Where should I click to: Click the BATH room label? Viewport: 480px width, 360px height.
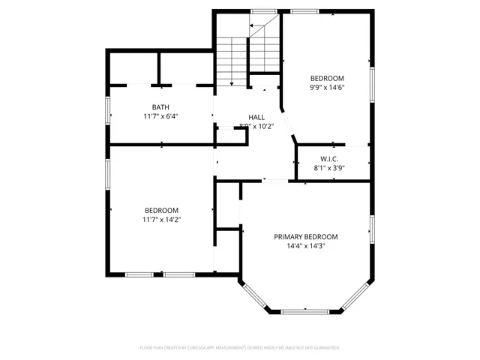pyautogui.click(x=160, y=107)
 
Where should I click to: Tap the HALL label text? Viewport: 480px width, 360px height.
pyautogui.click(x=256, y=117)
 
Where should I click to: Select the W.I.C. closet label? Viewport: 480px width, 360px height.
pyautogui.click(x=329, y=159)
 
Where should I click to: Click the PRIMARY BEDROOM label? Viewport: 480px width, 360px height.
pyautogui.click(x=305, y=236)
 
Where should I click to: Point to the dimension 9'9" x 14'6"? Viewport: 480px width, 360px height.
pyautogui.click(x=327, y=87)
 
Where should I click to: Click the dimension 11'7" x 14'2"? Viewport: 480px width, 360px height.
pyautogui.click(x=161, y=219)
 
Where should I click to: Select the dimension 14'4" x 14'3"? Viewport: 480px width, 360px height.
pyautogui.click(x=305, y=245)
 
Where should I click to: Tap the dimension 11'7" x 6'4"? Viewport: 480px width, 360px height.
pyautogui.click(x=160, y=116)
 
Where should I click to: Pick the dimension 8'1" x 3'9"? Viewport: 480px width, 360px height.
pyautogui.click(x=329, y=168)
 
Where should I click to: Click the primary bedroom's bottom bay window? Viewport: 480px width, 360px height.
pyautogui.click(x=304, y=310)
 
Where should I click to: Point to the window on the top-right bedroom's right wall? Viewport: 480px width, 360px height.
pyautogui.click(x=371, y=79)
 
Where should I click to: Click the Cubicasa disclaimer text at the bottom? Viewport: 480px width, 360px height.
pyautogui.click(x=240, y=348)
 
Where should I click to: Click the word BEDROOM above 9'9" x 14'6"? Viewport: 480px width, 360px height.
pyautogui.click(x=327, y=78)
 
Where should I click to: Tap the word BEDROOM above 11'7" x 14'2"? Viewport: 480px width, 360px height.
pyautogui.click(x=161, y=210)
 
